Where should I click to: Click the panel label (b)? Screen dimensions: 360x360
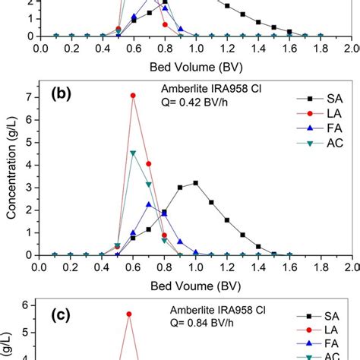pyautogui.click(x=62, y=96)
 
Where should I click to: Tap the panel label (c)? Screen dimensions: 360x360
pyautogui.click(x=62, y=310)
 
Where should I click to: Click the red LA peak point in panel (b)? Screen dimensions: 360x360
pyautogui.click(x=134, y=96)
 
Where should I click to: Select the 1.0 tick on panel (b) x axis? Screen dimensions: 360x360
pyautogui.click(x=195, y=268)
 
